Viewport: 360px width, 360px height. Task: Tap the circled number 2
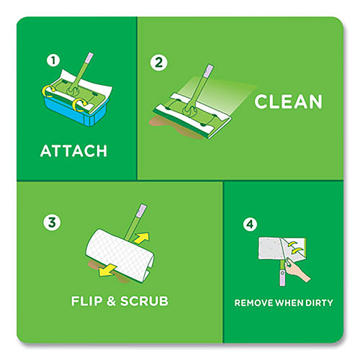pos(159,61)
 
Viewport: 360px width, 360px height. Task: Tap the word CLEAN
pos(288,101)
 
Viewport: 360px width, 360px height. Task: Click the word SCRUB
pos(145,300)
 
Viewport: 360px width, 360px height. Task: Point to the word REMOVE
pos(256,302)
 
